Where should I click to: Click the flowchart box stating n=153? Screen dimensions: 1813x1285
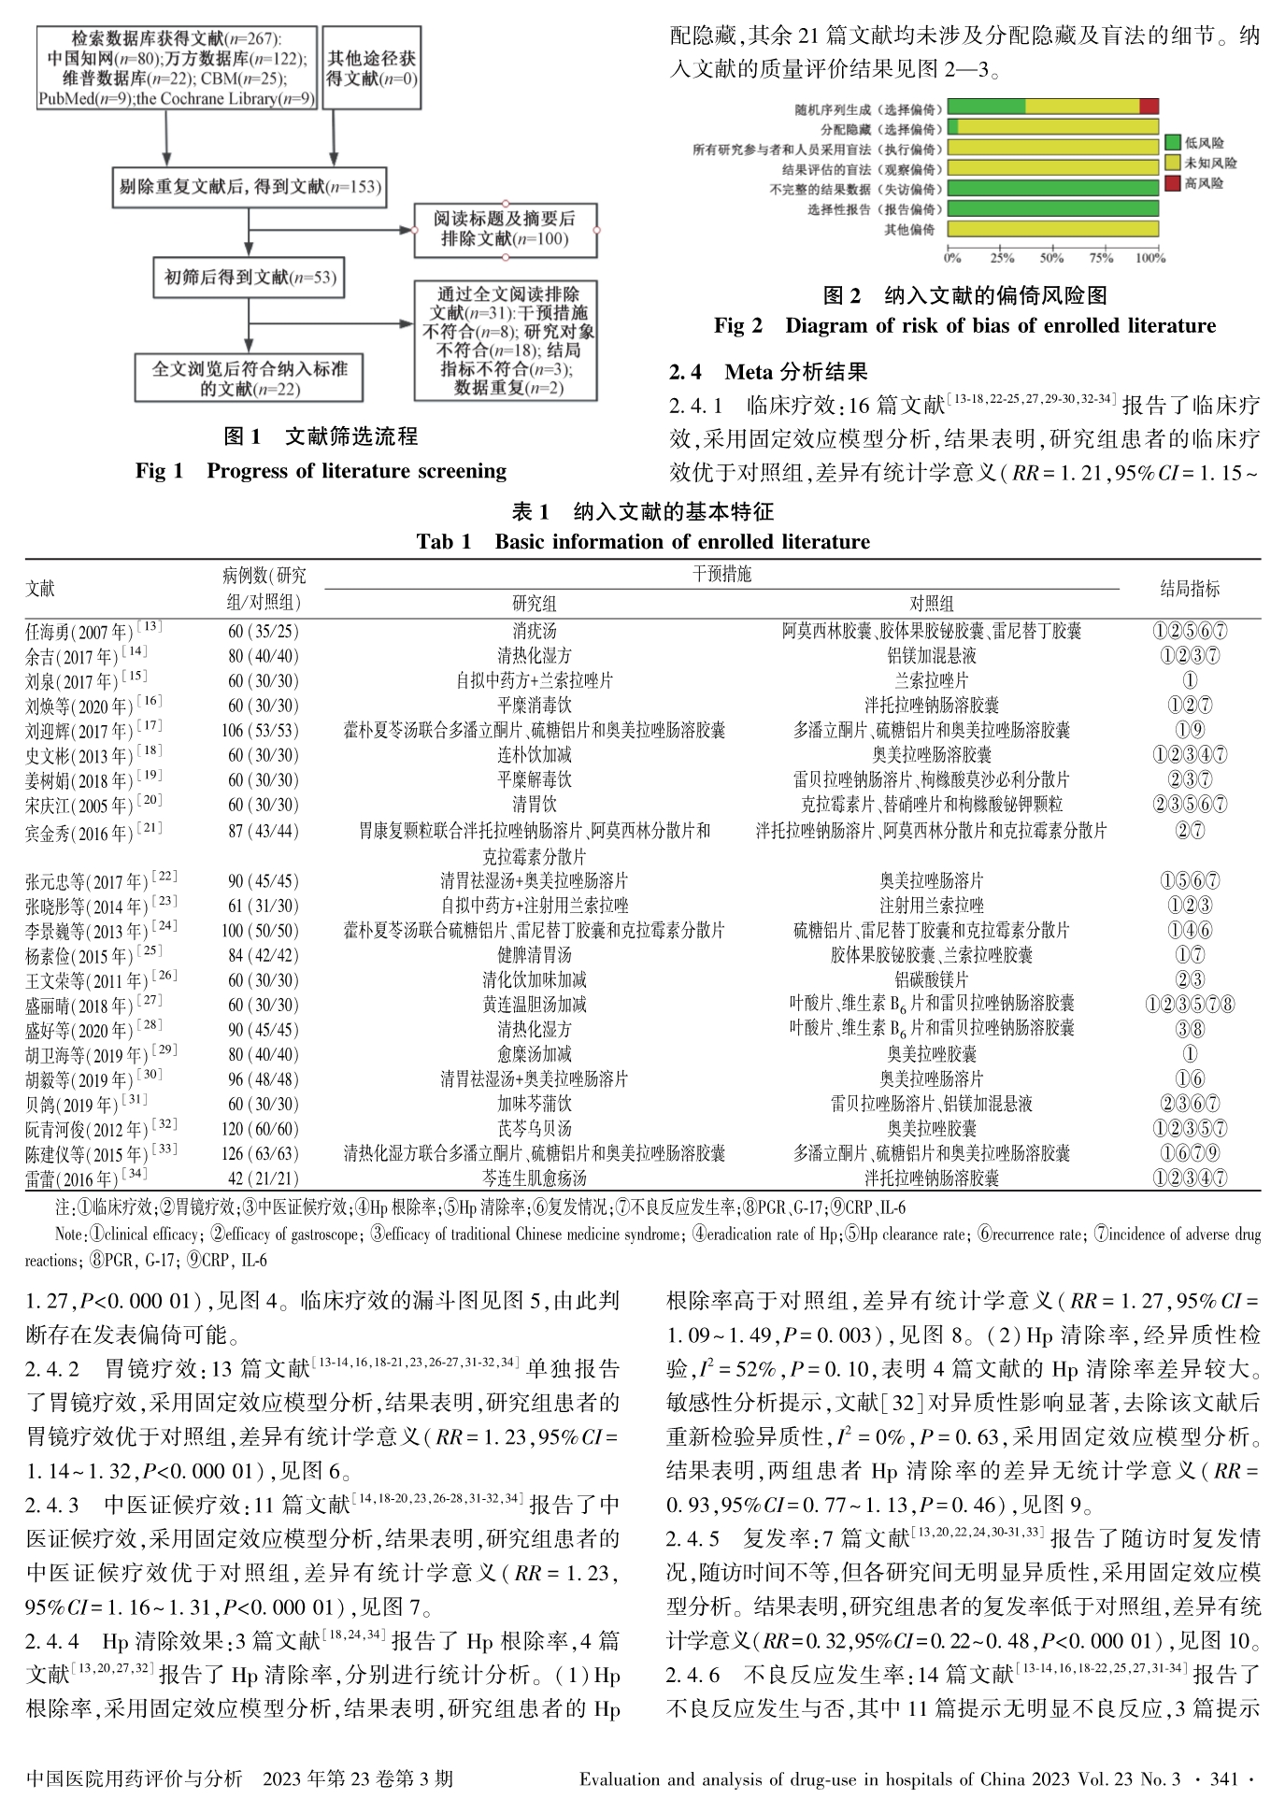tap(249, 187)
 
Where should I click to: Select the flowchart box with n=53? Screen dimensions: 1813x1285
tap(249, 278)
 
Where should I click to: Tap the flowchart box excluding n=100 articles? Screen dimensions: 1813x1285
tap(505, 229)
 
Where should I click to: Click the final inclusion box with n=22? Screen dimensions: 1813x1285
tap(249, 378)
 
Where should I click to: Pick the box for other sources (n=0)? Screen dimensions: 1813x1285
tap(372, 69)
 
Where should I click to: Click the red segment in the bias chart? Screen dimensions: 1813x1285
tap(1149, 107)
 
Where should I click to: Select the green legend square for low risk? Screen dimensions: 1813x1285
tap(1173, 143)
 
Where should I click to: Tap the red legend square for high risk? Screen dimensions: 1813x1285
tap(1173, 183)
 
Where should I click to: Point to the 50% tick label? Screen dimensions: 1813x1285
tap(1051, 258)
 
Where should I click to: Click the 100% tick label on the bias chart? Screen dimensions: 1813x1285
tap(1150, 258)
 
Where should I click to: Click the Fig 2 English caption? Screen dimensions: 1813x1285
tap(964, 326)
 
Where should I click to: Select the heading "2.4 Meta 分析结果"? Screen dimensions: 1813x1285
tap(768, 372)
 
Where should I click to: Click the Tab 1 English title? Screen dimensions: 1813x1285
tap(643, 542)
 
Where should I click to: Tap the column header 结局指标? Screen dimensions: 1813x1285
tap(1190, 589)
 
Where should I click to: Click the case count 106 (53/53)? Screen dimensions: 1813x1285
tap(263, 731)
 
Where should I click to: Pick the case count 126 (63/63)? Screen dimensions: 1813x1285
tap(263, 1154)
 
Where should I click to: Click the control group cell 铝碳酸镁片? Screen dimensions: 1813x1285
tap(931, 980)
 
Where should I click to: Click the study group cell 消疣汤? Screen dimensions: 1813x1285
tap(534, 632)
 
